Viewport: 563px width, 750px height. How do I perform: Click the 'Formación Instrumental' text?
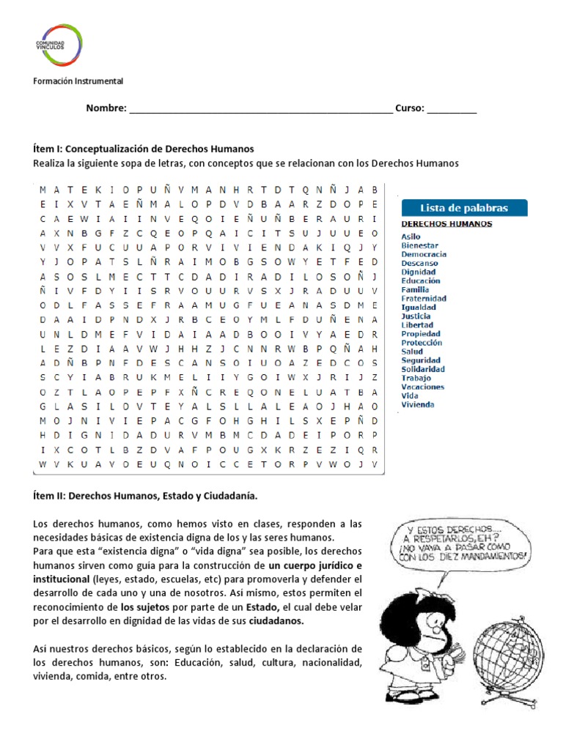(x=78, y=81)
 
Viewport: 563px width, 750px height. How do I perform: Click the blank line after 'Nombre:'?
(x=260, y=110)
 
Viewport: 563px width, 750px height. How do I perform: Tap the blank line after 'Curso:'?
(x=452, y=110)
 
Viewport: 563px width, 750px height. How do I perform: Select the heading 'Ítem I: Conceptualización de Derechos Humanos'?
(x=144, y=148)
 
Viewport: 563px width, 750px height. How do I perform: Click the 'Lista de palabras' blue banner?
(x=464, y=207)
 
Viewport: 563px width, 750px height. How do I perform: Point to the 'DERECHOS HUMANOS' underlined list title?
(x=446, y=224)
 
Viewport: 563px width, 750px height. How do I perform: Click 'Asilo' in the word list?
(x=411, y=237)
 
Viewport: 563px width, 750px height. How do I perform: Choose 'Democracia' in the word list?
(x=424, y=254)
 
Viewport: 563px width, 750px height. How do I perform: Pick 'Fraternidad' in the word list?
(x=424, y=298)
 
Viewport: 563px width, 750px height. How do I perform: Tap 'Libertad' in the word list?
(x=417, y=325)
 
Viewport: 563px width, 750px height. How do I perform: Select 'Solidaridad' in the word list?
(x=423, y=369)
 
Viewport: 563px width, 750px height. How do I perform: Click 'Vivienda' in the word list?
(x=418, y=404)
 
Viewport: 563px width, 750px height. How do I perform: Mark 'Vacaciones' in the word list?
(x=422, y=387)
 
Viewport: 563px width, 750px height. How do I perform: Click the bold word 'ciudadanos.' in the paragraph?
(x=276, y=620)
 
